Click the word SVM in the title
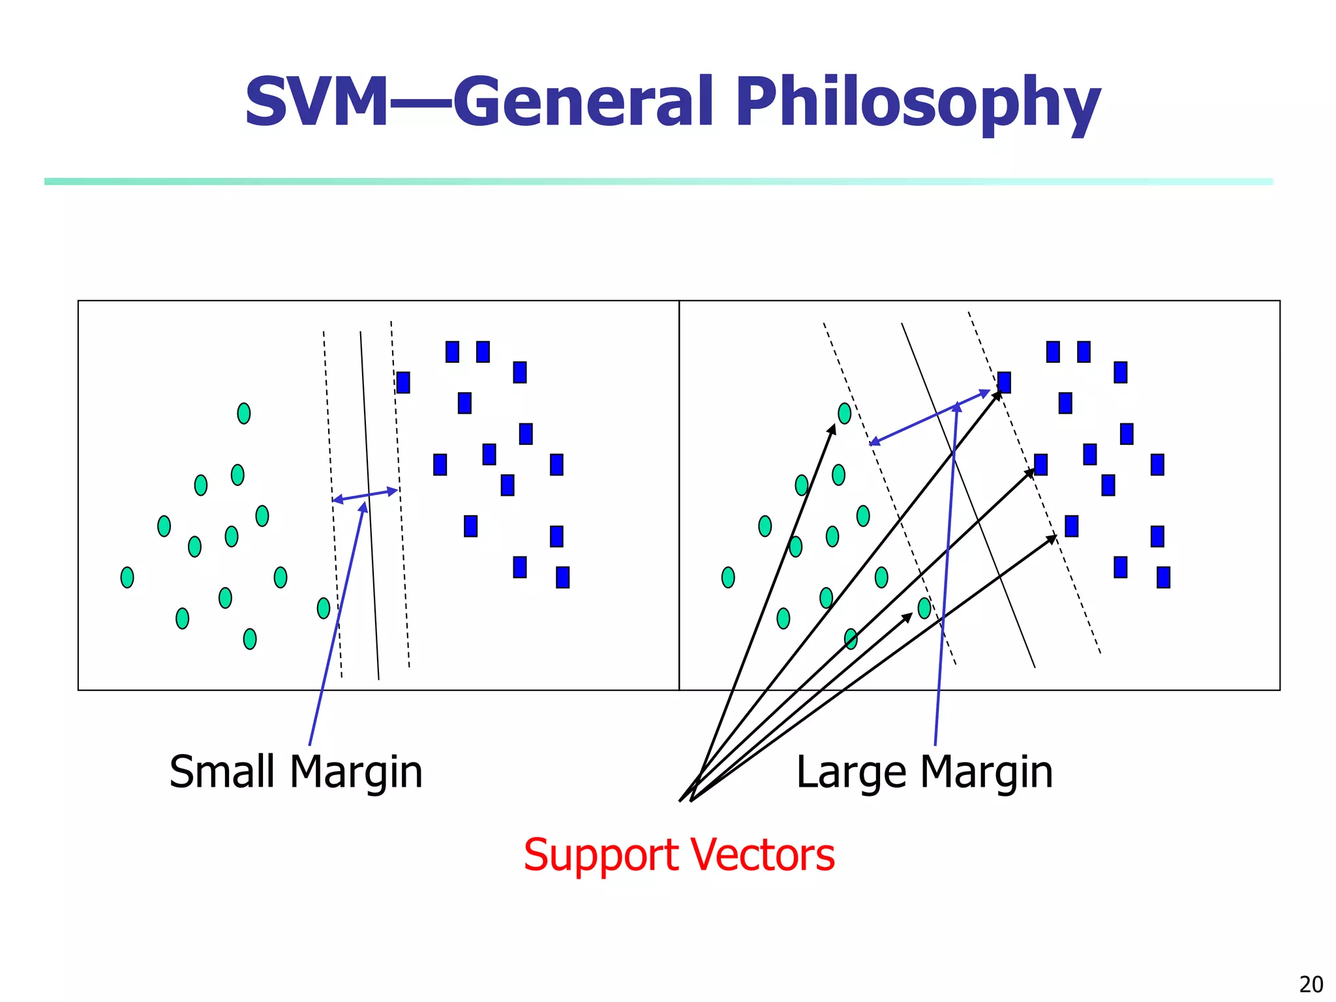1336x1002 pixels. [x=316, y=102]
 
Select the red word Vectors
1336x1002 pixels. [x=763, y=855]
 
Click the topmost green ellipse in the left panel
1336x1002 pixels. [x=244, y=413]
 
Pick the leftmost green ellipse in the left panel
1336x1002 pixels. [x=127, y=577]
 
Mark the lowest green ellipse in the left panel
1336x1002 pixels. [x=250, y=639]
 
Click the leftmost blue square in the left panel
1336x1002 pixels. [x=403, y=382]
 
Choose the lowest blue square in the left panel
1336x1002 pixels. [x=562, y=577]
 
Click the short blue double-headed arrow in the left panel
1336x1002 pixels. [x=365, y=495]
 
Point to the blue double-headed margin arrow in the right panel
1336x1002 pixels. [x=930, y=417]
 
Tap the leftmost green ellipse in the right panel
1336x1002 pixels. [x=728, y=577]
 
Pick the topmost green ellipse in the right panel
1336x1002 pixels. [x=844, y=413]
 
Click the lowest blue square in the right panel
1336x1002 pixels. [x=1163, y=577]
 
